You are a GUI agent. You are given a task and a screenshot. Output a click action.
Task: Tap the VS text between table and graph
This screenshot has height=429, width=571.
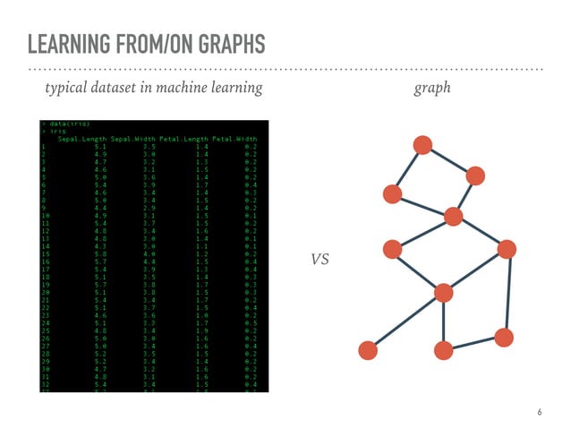coord(320,260)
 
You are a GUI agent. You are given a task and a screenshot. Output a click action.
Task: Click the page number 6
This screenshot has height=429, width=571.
coord(539,413)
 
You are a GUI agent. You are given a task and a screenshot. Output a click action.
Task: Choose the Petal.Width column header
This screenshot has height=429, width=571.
coord(235,139)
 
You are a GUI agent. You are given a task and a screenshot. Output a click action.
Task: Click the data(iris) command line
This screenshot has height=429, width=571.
coord(68,123)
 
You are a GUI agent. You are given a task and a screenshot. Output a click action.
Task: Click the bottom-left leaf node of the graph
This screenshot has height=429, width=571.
coord(367,350)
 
